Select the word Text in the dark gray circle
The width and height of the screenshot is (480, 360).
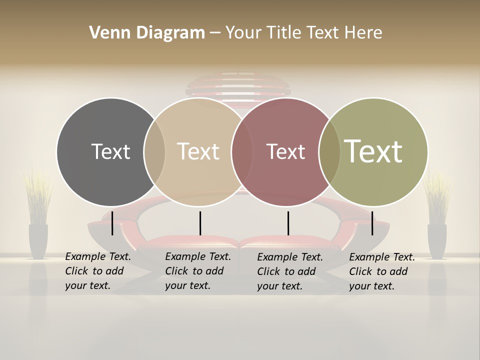110,151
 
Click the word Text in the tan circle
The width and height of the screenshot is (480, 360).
198,151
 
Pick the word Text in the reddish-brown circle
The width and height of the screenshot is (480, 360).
285,151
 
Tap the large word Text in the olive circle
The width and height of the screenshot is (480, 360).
373,151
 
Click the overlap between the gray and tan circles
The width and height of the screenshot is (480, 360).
154,152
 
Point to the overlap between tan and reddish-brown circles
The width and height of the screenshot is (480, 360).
242,152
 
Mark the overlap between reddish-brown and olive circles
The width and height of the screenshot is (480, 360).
329,152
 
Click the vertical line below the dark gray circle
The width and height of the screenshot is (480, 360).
112,223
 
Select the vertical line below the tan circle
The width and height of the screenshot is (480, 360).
200,223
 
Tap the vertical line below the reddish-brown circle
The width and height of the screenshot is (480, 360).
288,223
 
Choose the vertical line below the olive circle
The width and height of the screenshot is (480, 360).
372,223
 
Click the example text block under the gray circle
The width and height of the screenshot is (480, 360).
97,271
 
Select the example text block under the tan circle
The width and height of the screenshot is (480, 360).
197,271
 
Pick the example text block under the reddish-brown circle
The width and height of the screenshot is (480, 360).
289,271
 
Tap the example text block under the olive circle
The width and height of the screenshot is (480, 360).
381,271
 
